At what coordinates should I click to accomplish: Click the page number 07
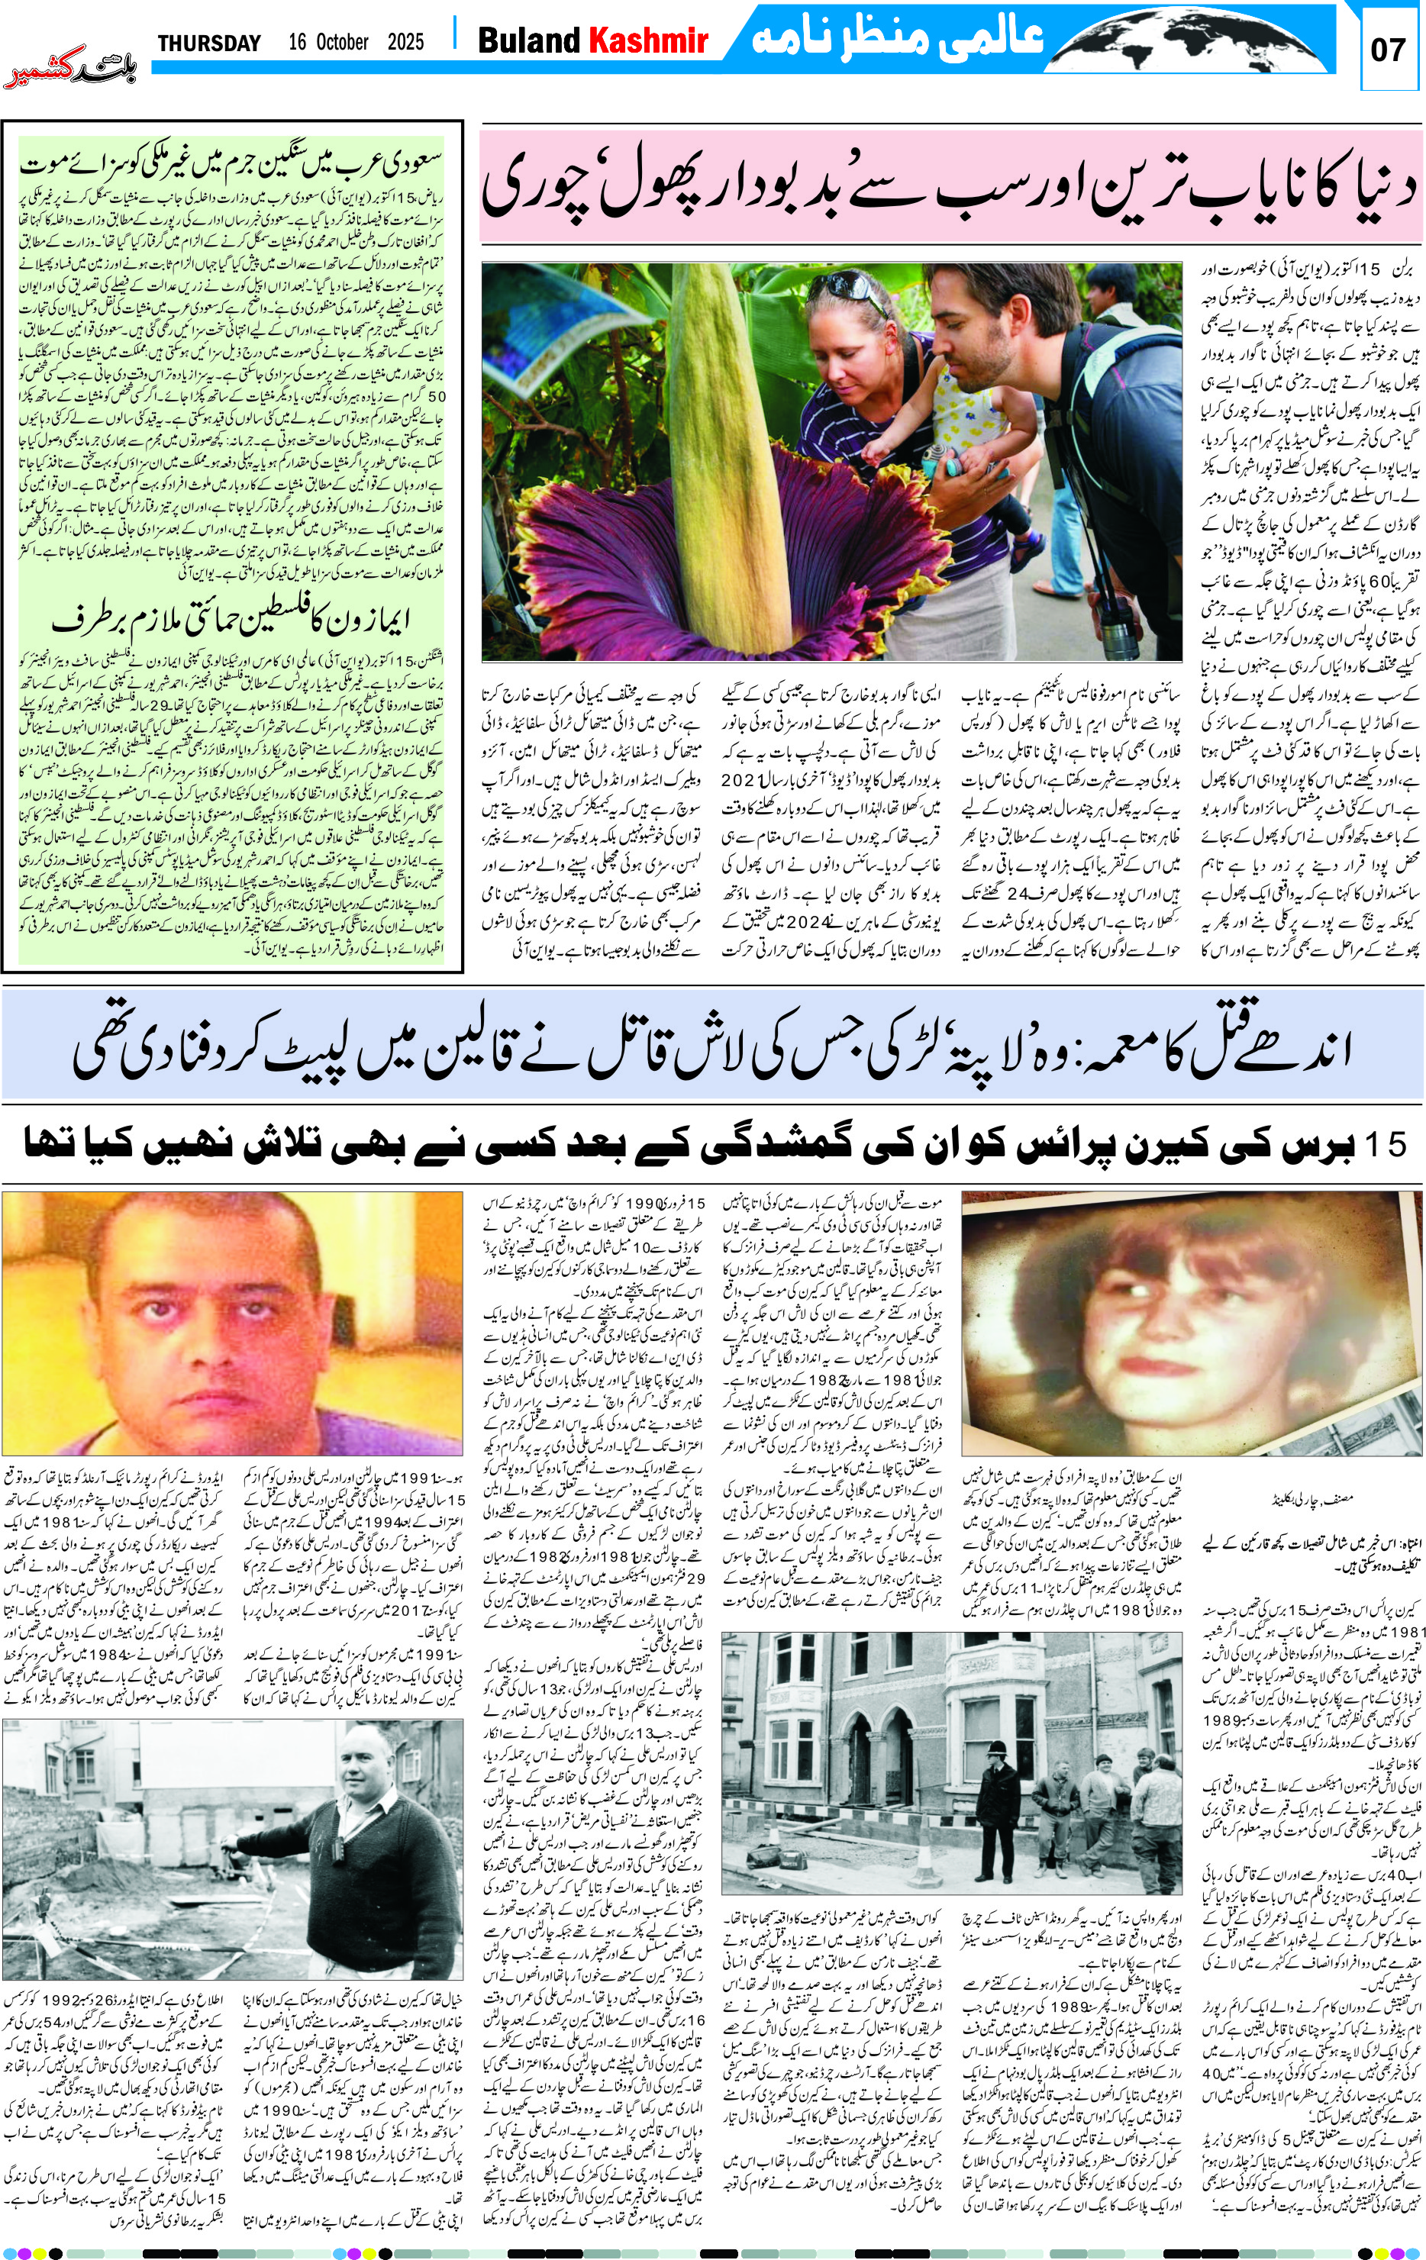(x=1388, y=50)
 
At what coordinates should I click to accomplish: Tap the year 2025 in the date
(x=405, y=42)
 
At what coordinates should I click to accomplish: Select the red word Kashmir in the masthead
(x=648, y=40)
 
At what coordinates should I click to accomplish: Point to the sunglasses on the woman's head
(x=850, y=285)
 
